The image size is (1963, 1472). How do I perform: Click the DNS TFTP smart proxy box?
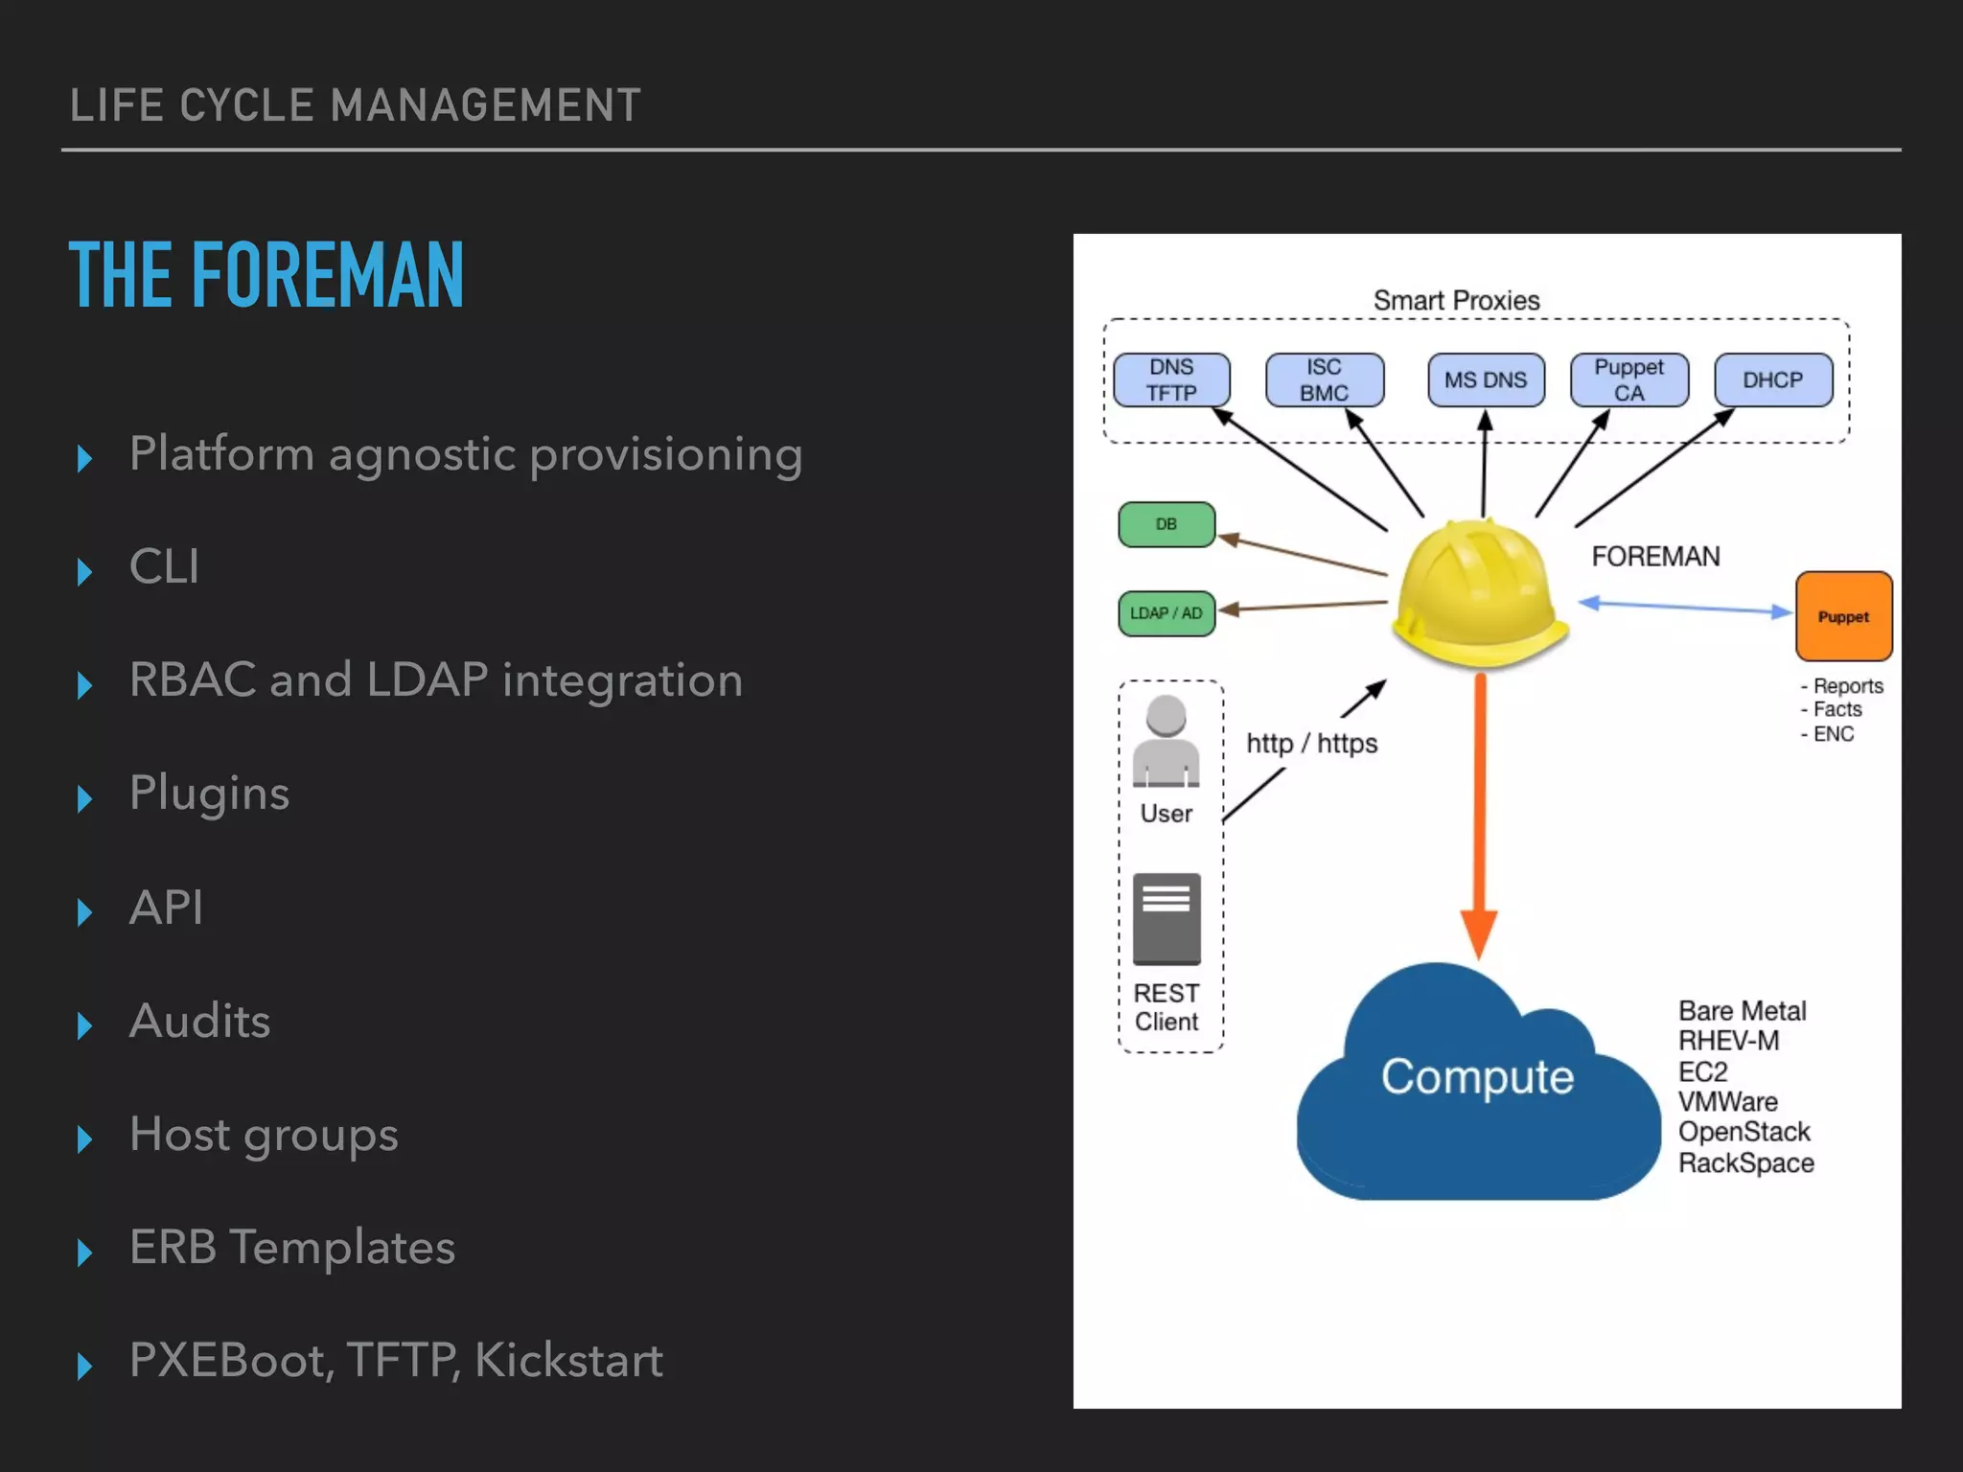[x=1171, y=380]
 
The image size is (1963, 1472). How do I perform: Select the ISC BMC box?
[x=1324, y=380]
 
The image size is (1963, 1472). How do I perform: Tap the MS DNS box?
[x=1485, y=380]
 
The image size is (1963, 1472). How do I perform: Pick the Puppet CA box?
[x=1628, y=380]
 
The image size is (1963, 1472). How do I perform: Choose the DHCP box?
[x=1772, y=380]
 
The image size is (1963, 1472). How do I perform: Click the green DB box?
[x=1166, y=524]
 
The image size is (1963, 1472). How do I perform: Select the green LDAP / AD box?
[x=1166, y=613]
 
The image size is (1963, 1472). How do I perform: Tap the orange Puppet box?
[x=1843, y=616]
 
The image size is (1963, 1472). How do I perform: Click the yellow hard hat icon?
[x=1478, y=594]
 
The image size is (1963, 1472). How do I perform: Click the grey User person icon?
[x=1166, y=743]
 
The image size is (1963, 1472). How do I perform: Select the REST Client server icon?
[x=1166, y=918]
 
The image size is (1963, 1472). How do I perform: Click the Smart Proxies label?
[x=1456, y=301]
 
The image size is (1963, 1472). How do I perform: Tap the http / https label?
[x=1311, y=744]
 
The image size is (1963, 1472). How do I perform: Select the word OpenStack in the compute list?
[x=1744, y=1132]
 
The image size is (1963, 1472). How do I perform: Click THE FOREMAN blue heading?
[x=266, y=276]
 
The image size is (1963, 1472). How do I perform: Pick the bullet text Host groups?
[x=264, y=1135]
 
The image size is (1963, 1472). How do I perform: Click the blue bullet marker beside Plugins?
[x=84, y=797]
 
